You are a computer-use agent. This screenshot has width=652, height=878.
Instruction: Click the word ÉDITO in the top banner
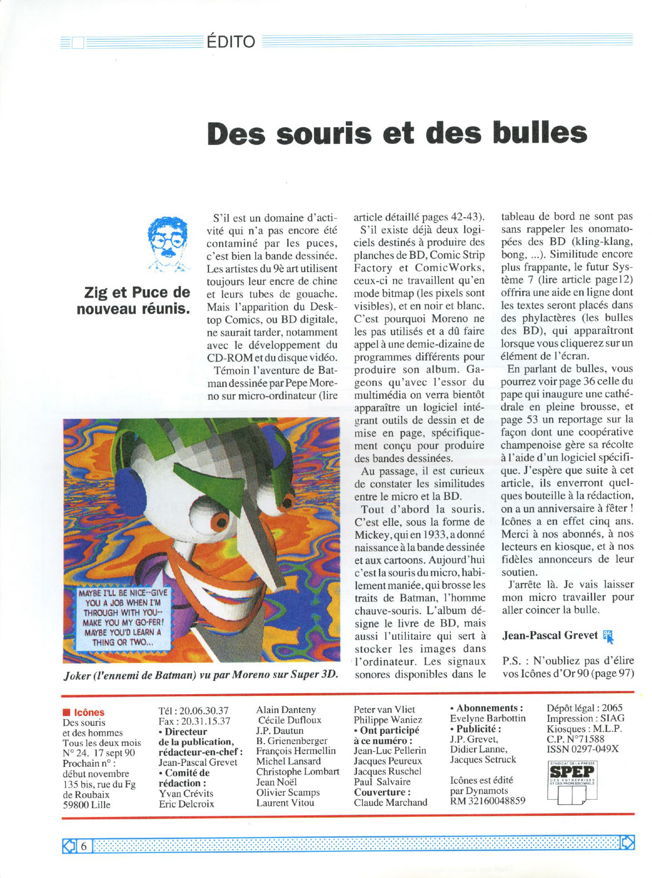[x=231, y=42]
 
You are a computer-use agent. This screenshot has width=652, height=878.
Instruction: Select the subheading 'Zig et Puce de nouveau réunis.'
[x=133, y=300]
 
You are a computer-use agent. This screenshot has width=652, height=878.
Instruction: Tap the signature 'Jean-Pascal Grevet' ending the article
[x=550, y=635]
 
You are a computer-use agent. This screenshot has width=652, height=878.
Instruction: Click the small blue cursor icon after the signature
[x=608, y=636]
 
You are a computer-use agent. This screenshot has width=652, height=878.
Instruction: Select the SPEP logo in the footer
[x=572, y=782]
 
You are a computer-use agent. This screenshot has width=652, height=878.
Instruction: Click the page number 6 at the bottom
[x=83, y=846]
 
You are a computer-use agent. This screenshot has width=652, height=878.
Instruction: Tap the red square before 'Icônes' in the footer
[x=66, y=712]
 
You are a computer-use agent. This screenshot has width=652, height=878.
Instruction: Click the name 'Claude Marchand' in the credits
[x=391, y=802]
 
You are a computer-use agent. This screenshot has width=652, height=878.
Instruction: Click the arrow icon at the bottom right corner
[x=627, y=843]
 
